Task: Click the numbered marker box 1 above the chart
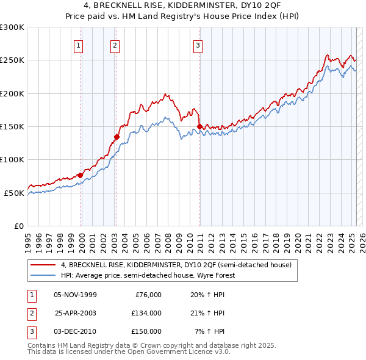tap(79, 44)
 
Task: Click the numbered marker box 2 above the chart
tap(115, 44)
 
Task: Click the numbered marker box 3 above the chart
tap(198, 44)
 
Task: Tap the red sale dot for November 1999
tap(80, 175)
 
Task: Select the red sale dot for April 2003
tap(117, 137)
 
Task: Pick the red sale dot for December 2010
tap(199, 126)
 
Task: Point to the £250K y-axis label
tap(12, 60)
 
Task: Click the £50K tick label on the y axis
tap(14, 193)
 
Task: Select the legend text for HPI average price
tap(147, 275)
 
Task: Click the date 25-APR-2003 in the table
tap(75, 313)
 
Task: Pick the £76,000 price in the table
tap(146, 295)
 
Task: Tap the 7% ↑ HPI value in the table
tap(210, 331)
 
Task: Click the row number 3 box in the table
tap(30, 331)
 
